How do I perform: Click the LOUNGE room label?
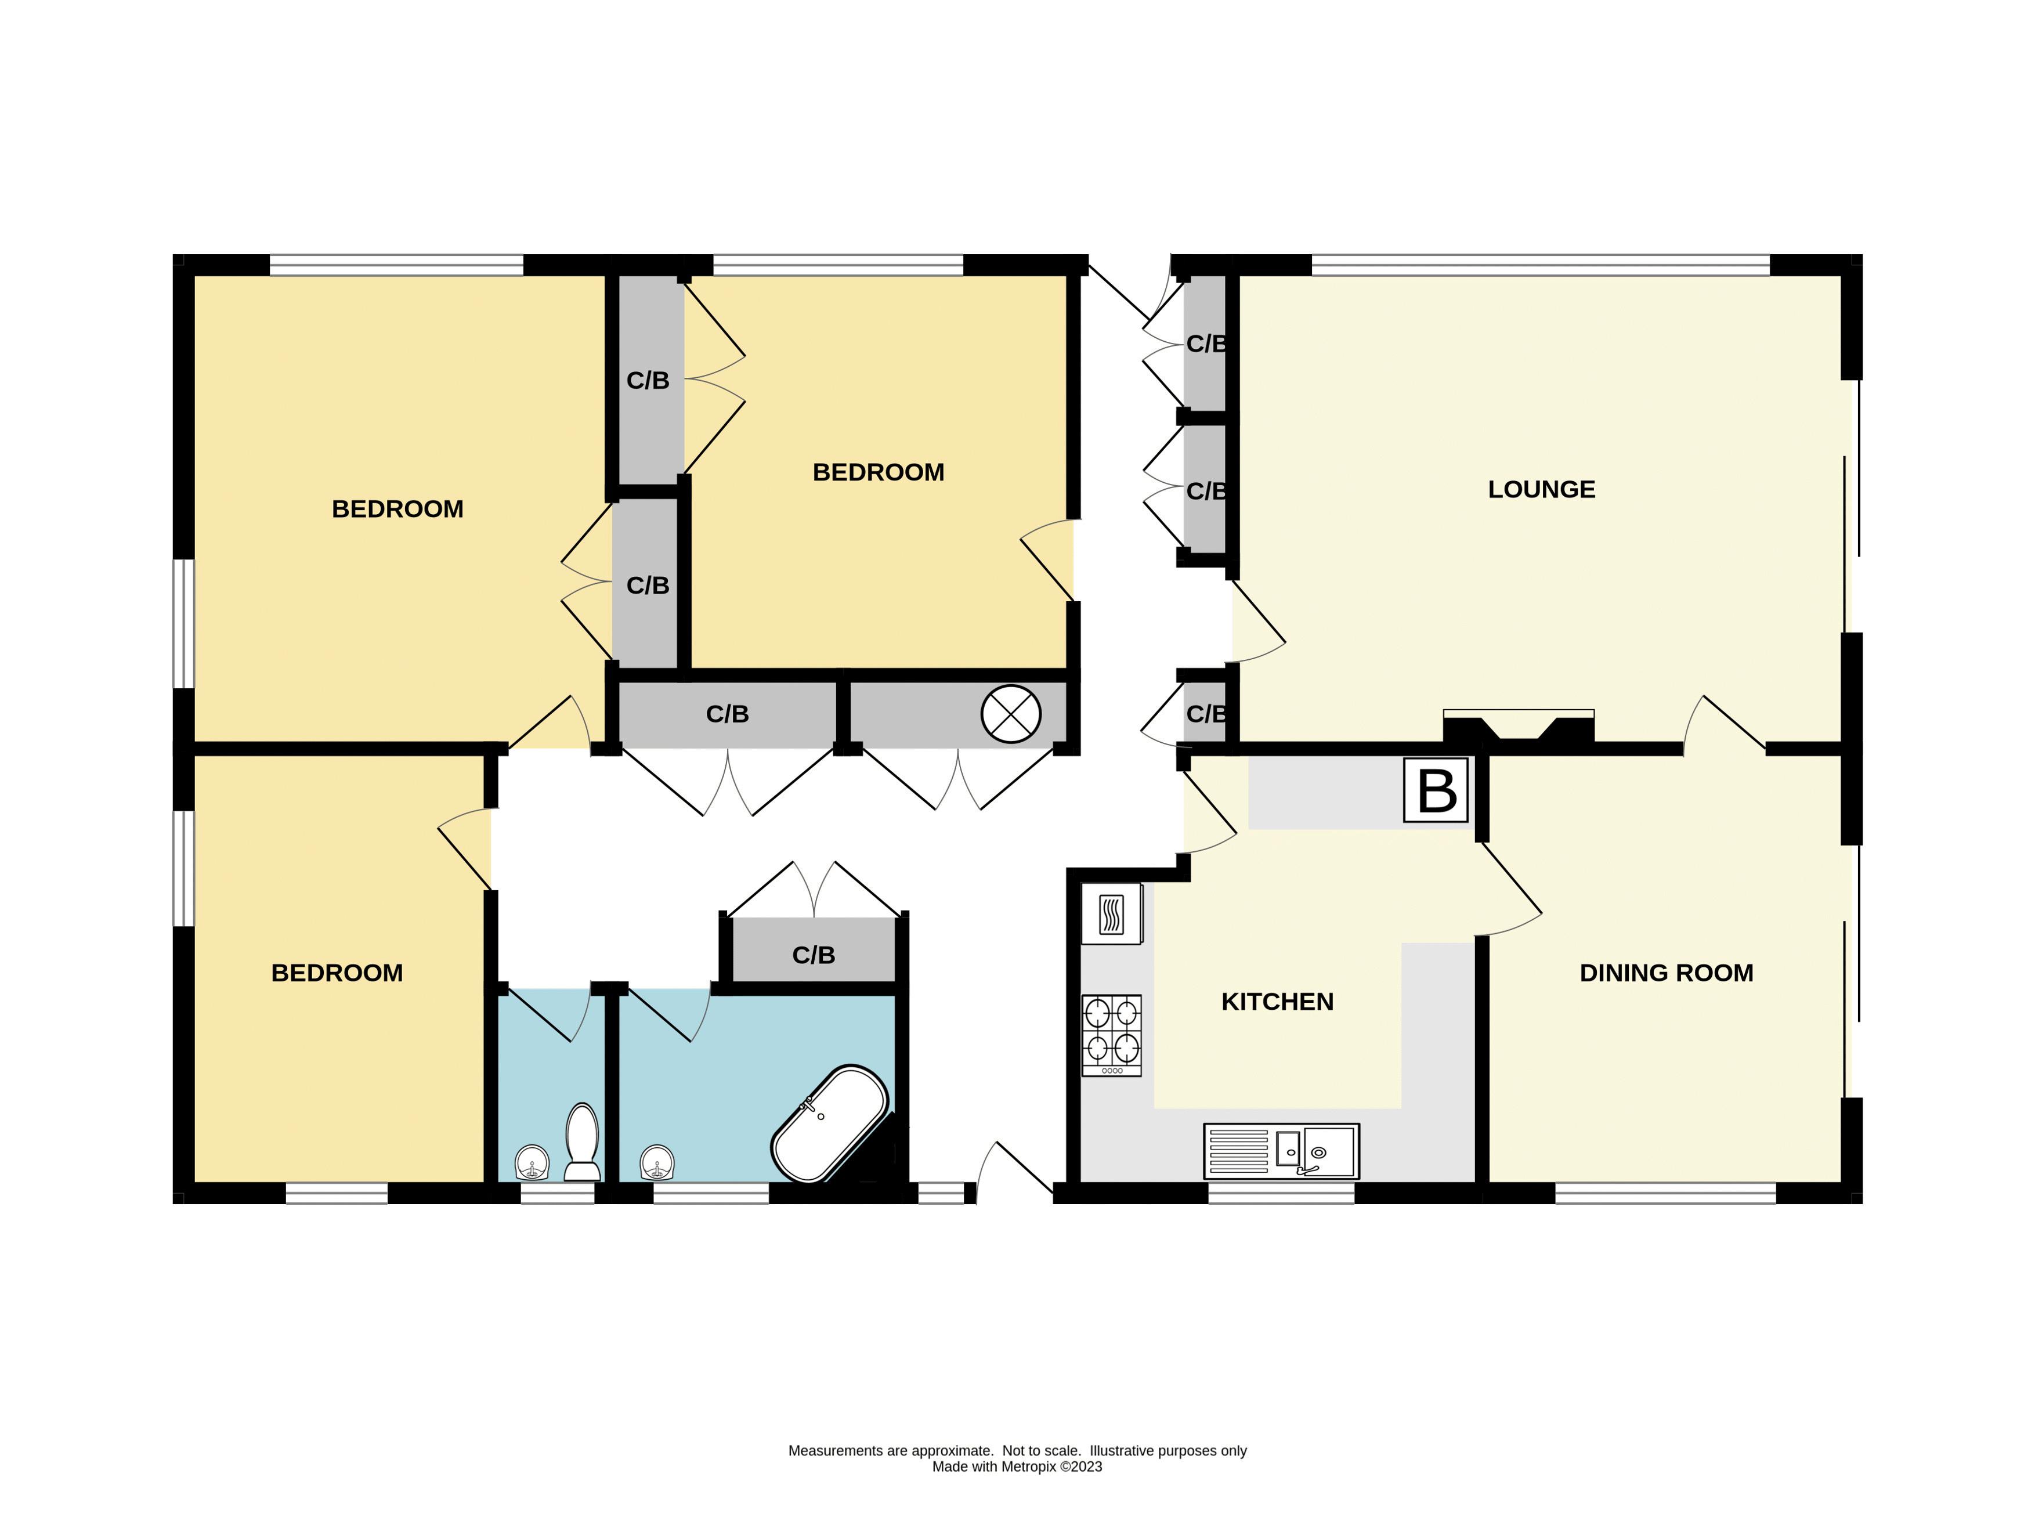tap(1541, 489)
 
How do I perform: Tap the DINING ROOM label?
tap(1665, 973)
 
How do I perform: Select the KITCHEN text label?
tap(1277, 1001)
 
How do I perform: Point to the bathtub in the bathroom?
tap(829, 1123)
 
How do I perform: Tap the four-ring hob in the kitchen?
tap(1111, 1035)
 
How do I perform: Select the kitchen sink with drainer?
tap(1281, 1150)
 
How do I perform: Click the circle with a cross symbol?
tap(1010, 714)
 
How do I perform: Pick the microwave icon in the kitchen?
tap(1111, 913)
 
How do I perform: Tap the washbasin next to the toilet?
tap(532, 1162)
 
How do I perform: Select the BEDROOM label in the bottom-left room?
tap(337, 973)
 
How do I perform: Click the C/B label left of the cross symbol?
tap(726, 714)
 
